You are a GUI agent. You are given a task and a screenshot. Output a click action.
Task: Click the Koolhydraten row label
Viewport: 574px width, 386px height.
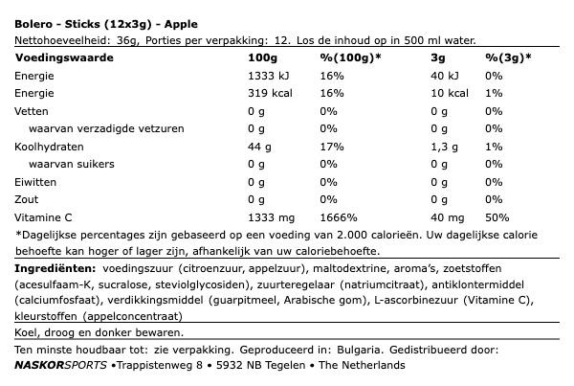pos(49,147)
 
